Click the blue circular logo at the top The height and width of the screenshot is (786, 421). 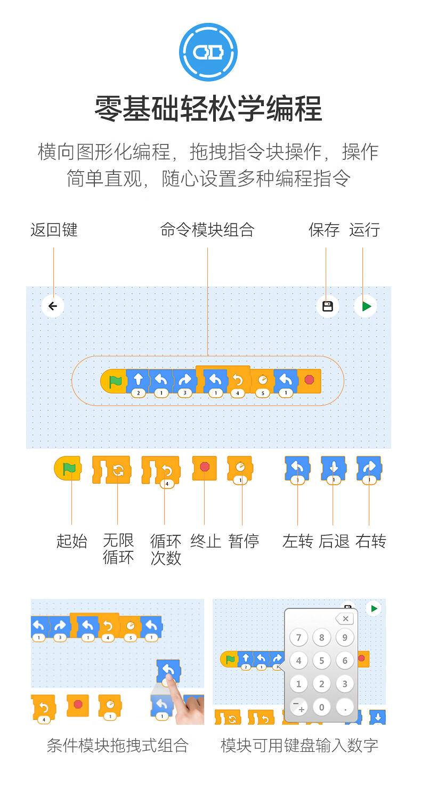(208, 52)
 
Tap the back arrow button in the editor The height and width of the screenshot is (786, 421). (53, 306)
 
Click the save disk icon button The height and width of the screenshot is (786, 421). (327, 306)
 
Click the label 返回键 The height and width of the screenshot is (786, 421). (54, 230)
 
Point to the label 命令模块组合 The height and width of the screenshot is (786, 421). (207, 230)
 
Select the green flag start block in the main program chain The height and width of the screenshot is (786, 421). (113, 381)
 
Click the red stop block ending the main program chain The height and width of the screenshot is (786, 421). (309, 380)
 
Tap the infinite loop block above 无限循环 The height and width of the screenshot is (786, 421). (112, 470)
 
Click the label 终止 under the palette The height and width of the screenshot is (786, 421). (206, 541)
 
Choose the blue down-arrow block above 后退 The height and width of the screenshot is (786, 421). (334, 469)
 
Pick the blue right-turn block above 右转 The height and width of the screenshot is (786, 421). (369, 469)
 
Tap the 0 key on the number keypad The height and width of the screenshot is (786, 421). (321, 707)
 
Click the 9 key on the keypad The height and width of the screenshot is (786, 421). (345, 637)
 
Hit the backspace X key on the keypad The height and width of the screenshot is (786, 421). (345, 619)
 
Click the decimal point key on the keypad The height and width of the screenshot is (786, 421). (345, 707)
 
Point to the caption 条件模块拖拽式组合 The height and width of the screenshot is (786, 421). (118, 745)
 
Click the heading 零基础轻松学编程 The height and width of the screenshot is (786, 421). (208, 109)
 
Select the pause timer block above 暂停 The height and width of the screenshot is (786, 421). (240, 469)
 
